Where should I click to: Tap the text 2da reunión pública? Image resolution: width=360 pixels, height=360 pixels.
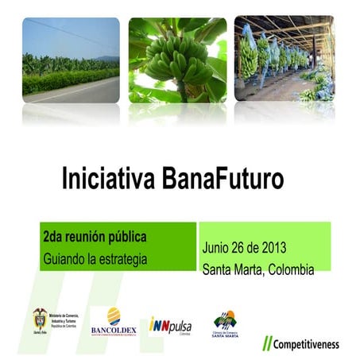click(95, 238)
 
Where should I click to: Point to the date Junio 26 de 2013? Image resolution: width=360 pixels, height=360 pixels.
click(244, 247)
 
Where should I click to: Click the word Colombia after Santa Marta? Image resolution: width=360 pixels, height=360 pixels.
click(289, 269)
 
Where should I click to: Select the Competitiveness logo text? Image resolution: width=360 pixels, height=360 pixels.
click(306, 344)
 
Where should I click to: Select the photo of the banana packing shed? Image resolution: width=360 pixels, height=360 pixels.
click(284, 60)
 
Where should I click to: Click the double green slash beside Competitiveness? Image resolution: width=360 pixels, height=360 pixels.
click(268, 344)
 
